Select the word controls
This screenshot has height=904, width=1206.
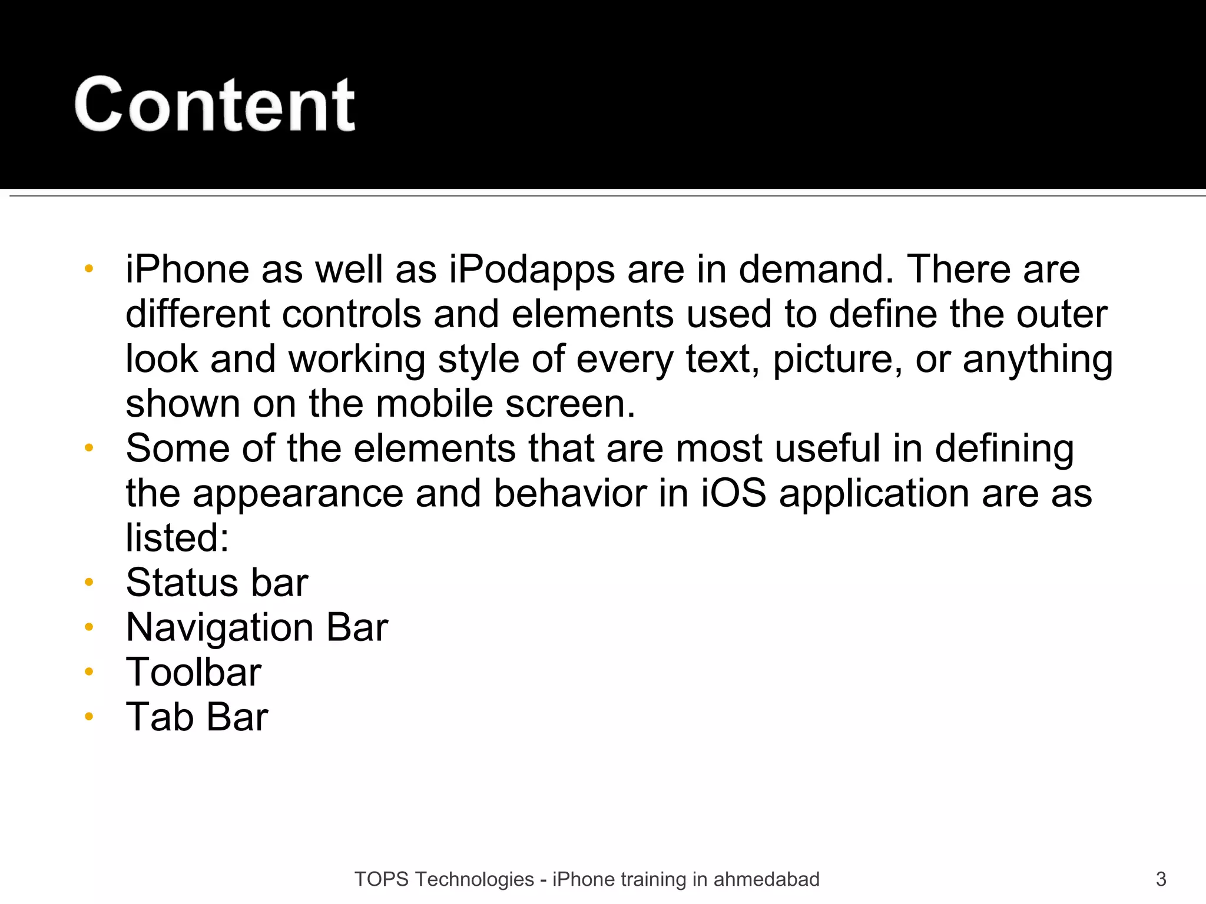point(352,314)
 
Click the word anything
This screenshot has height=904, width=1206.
point(1038,360)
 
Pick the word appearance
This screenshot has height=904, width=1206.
point(298,494)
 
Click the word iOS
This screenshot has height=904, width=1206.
point(734,493)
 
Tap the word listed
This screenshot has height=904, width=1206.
point(177,538)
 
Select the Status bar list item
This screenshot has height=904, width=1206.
point(217,583)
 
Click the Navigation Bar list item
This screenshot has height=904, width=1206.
point(257,627)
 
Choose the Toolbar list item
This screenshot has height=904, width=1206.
point(193,672)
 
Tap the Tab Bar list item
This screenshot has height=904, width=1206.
point(197,717)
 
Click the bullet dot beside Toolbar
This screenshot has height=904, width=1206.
point(89,672)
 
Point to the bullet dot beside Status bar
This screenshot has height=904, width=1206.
point(89,582)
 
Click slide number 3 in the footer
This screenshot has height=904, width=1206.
point(1161,879)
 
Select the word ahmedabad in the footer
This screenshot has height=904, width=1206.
point(766,879)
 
